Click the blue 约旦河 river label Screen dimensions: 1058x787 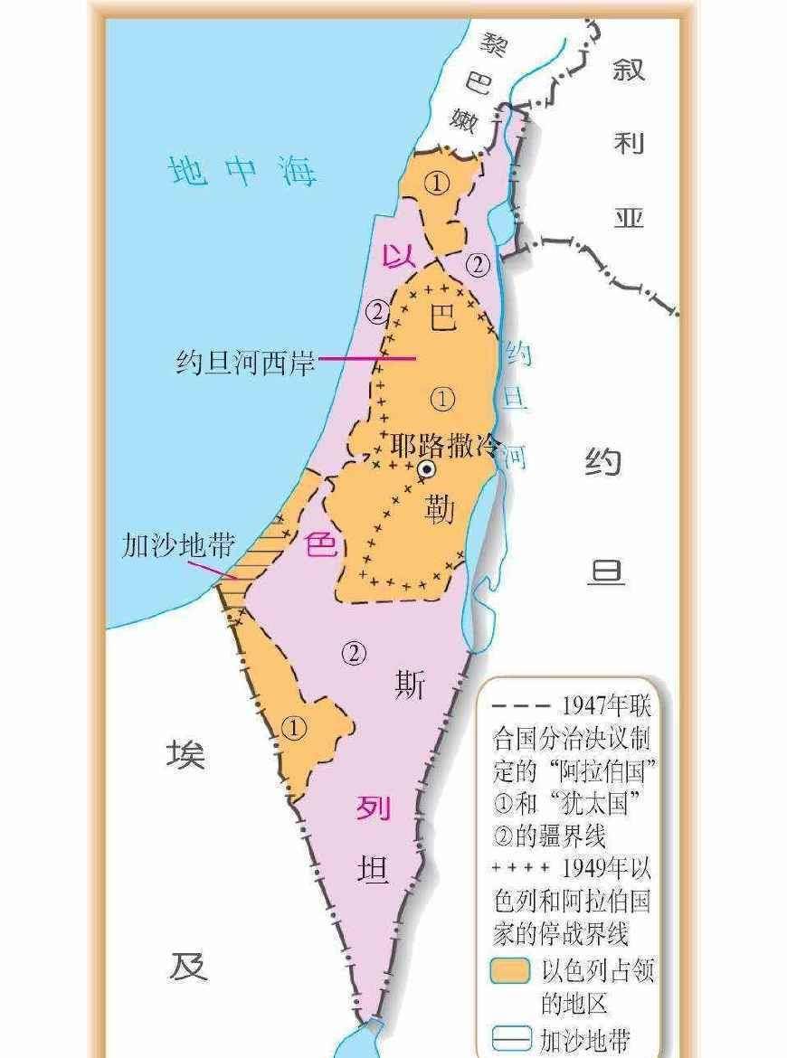[516, 402]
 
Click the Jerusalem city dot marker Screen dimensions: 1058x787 [425, 469]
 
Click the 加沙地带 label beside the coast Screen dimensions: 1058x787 [178, 546]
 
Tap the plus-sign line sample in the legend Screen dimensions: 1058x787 [519, 867]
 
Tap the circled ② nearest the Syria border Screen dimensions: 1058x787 [478, 265]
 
